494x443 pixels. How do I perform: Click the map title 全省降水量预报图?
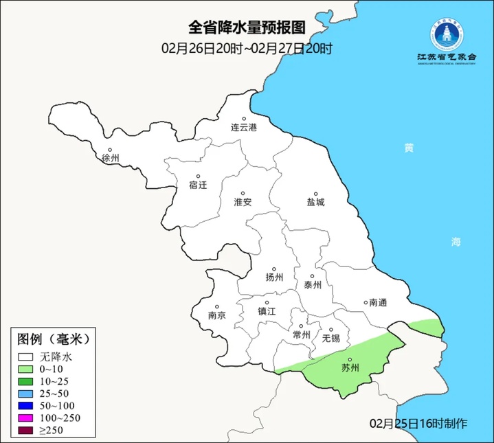pyautogui.click(x=247, y=27)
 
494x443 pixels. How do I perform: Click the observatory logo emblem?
pyautogui.click(x=447, y=34)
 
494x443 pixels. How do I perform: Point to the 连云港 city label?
pyautogui.click(x=243, y=128)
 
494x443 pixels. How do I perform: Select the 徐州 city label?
pyautogui.click(x=111, y=158)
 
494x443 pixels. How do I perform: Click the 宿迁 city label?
pyautogui.click(x=198, y=185)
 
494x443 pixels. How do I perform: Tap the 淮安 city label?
pyautogui.click(x=243, y=202)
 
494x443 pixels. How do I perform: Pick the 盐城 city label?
pyautogui.click(x=316, y=203)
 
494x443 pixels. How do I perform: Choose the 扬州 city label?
pyautogui.click(x=274, y=277)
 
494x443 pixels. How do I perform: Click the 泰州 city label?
pyautogui.click(x=313, y=285)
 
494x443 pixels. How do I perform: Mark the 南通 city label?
pyautogui.click(x=379, y=302)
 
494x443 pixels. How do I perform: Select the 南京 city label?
pyautogui.click(x=217, y=316)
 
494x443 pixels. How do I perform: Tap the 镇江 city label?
pyautogui.click(x=267, y=310)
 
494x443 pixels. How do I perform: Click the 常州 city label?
pyautogui.click(x=302, y=335)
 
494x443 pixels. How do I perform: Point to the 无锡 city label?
pyautogui.click(x=330, y=338)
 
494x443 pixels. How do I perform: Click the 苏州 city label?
pyautogui.click(x=350, y=368)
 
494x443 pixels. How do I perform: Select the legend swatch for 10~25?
pyautogui.click(x=26, y=381)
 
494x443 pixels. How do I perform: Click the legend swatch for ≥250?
pyautogui.click(x=26, y=431)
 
